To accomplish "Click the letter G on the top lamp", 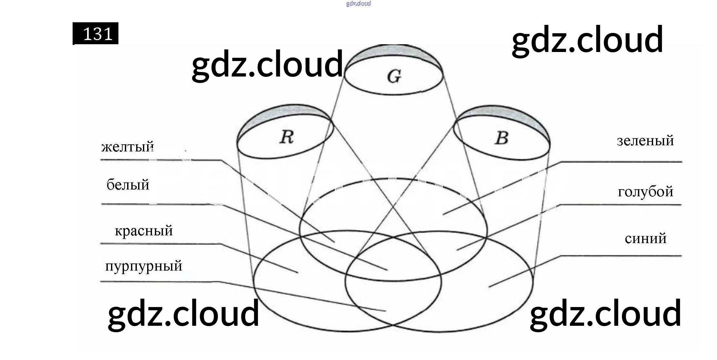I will point(394,77).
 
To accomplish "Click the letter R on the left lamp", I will point(287,137).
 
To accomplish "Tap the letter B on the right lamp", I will point(501,138).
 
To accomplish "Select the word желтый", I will point(127,147).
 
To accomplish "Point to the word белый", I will point(128,185).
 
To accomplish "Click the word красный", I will point(144,231).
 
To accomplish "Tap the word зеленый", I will point(645,141).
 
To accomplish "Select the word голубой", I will point(645,192).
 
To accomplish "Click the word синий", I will point(645,239).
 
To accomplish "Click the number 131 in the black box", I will point(97,34).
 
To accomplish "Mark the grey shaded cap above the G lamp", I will point(394,52).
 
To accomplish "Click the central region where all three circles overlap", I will point(392,258).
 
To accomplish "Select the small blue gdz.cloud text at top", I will point(358,4).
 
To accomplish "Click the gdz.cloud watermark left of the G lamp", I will point(267,65).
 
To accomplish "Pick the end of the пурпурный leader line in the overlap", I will point(386,311).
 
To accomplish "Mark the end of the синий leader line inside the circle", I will point(489,287).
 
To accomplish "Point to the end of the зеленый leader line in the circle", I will point(443,215).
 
